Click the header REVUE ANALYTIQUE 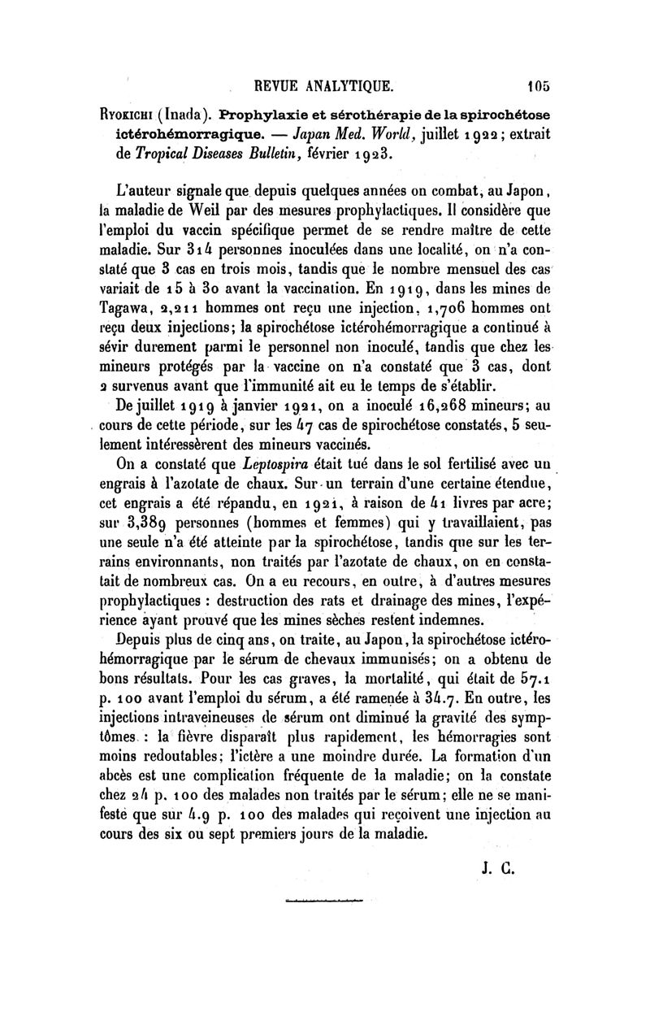click(x=324, y=84)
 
